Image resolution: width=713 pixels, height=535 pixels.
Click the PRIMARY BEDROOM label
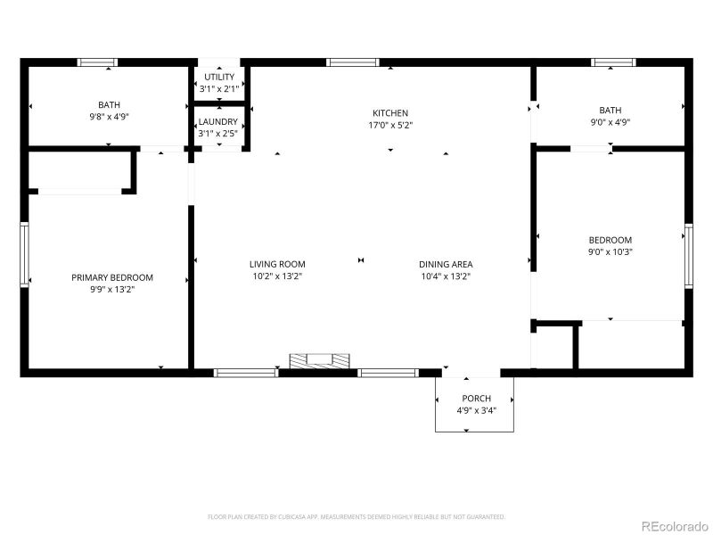(112, 277)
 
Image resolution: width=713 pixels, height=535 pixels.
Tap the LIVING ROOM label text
(277, 264)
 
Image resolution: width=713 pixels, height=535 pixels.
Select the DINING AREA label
(446, 264)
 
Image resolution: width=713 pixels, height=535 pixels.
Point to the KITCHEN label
(390, 113)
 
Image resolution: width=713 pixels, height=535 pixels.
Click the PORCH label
(476, 399)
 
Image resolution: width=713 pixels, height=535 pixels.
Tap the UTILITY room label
(219, 77)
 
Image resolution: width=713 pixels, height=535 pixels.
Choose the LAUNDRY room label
(218, 121)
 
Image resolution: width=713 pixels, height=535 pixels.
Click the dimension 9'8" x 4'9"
(109, 117)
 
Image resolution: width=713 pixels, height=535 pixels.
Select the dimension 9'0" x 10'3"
(611, 252)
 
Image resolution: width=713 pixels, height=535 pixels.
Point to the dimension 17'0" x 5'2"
(390, 126)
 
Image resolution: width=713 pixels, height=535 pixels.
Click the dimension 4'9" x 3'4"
(476, 411)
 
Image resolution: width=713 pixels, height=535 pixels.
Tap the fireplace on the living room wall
(319, 360)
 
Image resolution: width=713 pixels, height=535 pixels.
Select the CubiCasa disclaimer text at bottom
(356, 516)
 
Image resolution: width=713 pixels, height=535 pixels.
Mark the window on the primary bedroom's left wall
(25, 255)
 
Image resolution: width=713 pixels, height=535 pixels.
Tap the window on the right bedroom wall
(688, 256)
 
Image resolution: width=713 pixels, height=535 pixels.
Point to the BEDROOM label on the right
(611, 240)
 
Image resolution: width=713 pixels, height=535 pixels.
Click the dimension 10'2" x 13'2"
(277, 276)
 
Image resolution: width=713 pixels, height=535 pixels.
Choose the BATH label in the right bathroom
(611, 111)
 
